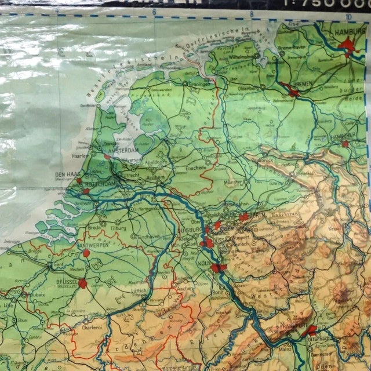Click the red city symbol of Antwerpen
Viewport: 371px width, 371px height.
[86, 253]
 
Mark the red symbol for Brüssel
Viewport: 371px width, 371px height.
[82, 283]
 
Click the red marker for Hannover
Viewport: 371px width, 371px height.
[345, 143]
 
